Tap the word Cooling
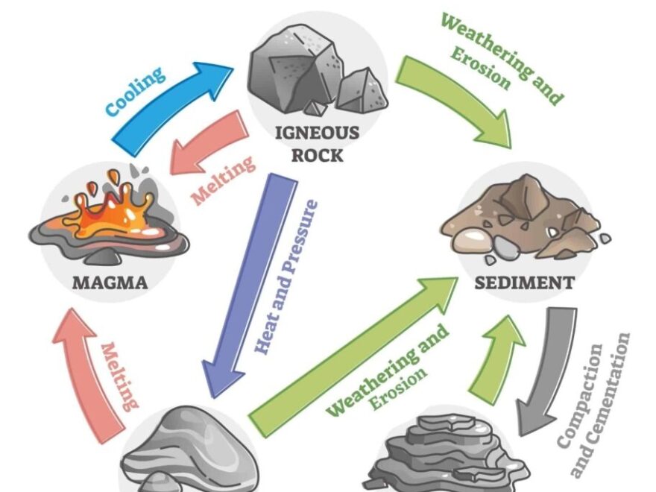[x=134, y=92]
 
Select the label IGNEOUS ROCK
[x=318, y=144]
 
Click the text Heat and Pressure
[x=286, y=276]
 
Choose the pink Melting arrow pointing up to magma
[x=86, y=365]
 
